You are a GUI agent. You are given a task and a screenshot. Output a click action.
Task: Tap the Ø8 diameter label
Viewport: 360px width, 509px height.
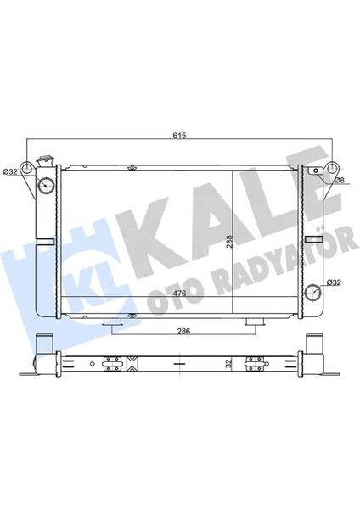pos(337,180)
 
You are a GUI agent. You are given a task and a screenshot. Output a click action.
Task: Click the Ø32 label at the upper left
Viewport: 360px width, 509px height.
pos(11,172)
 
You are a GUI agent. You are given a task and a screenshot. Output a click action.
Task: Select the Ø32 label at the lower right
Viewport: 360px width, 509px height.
pos(335,282)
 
